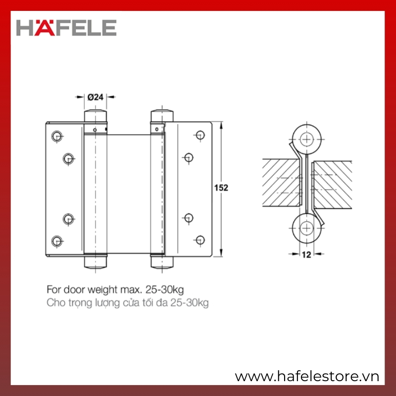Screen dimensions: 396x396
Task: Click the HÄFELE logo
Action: click(66, 28)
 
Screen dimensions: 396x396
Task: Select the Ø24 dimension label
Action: click(96, 97)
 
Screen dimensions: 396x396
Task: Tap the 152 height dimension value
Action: click(221, 188)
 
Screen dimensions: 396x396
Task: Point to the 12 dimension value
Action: click(306, 255)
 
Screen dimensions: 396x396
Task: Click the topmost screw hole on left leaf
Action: click(57, 136)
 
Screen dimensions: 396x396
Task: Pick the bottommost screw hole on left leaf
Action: click(57, 241)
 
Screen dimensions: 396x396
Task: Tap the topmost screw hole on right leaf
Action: click(200, 135)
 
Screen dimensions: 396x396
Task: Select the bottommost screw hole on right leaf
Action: click(200, 240)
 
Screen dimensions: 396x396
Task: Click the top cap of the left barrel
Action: click(96, 115)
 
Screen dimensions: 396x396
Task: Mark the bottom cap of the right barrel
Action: click(162, 262)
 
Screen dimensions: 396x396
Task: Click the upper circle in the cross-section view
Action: click(306, 139)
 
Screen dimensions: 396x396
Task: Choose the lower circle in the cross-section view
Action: click(306, 228)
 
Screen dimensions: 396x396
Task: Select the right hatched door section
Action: click(332, 185)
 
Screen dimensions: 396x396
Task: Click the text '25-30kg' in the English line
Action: click(164, 290)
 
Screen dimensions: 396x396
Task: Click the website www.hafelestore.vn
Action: click(307, 376)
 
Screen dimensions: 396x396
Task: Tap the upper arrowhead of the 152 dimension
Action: click(221, 126)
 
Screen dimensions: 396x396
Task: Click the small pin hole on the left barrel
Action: click(95, 130)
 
